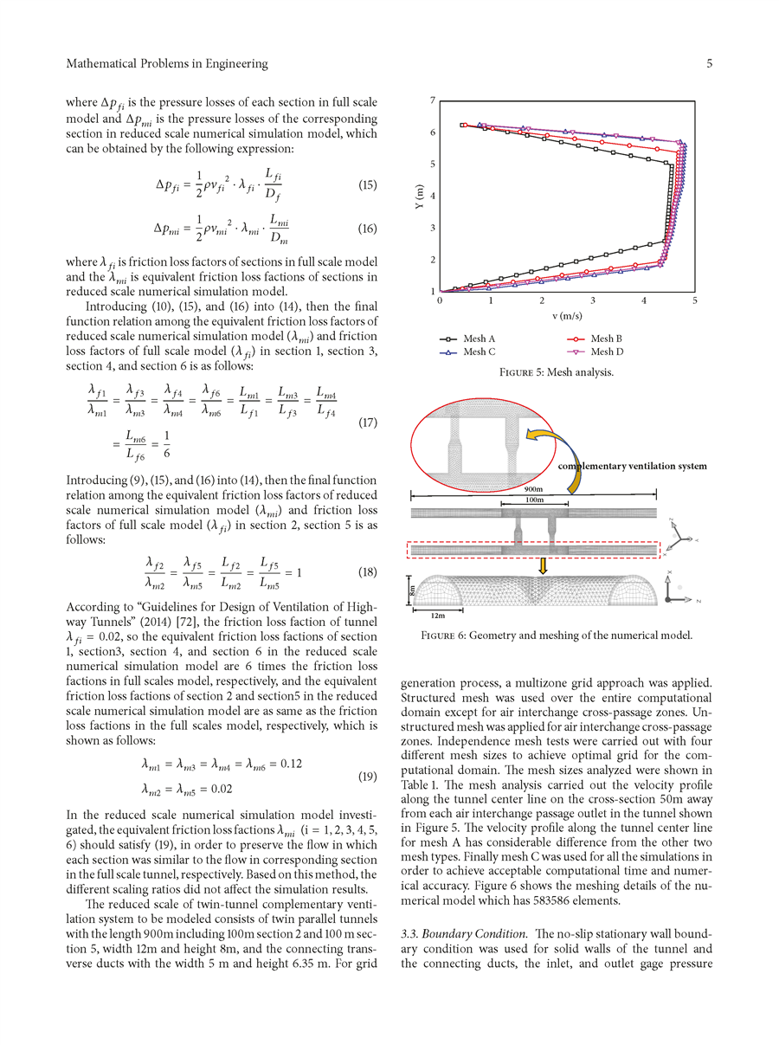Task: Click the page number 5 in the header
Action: [x=708, y=63]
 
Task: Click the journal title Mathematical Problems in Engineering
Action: [x=167, y=63]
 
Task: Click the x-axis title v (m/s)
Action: [x=568, y=316]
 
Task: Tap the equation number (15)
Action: [x=368, y=184]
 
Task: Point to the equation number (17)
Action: [x=368, y=423]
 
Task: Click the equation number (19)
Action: [x=368, y=777]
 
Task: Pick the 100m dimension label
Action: [x=534, y=500]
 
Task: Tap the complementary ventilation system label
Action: [x=632, y=466]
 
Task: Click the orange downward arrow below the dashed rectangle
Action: [x=543, y=565]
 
